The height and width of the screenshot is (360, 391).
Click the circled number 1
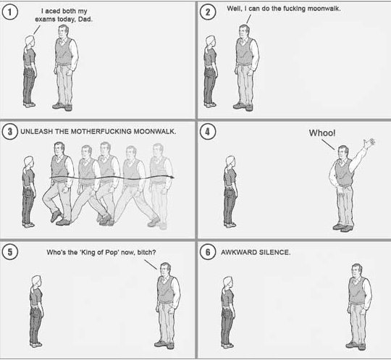click(9, 12)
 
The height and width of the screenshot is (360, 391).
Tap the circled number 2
click(208, 12)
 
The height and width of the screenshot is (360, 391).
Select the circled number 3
click(9, 132)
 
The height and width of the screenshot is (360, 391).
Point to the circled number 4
click(208, 132)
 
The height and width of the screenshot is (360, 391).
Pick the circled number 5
click(9, 252)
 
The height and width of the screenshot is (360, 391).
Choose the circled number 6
click(208, 252)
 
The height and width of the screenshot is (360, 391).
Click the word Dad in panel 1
click(85, 20)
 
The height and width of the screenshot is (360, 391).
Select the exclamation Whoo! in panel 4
click(322, 133)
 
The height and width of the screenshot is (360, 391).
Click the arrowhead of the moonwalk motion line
click(172, 177)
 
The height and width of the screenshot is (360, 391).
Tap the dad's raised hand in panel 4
click(369, 143)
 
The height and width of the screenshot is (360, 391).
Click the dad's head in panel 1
click(63, 31)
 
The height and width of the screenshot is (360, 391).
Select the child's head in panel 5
click(36, 282)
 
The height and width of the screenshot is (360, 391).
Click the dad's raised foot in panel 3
click(55, 217)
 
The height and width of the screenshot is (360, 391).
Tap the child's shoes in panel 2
click(210, 105)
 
